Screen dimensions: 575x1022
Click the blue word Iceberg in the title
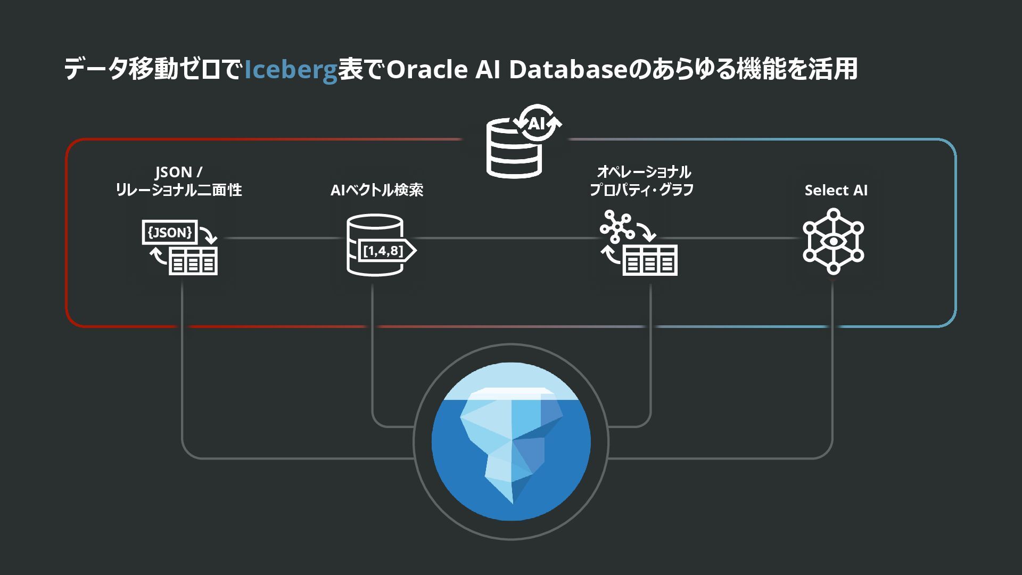(x=290, y=70)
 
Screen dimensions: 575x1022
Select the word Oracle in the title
(x=427, y=70)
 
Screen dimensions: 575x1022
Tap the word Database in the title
(x=568, y=70)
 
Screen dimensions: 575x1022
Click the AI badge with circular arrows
(x=537, y=124)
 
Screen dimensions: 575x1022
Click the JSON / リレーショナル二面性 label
(x=178, y=181)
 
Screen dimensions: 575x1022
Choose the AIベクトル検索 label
(x=377, y=190)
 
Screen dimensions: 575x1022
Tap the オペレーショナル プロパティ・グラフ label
(x=642, y=181)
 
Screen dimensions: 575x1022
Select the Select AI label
(x=836, y=190)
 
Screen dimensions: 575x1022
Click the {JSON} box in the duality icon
(x=170, y=232)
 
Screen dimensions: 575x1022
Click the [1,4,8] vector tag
(x=384, y=251)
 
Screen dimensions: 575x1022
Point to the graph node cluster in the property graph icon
(x=616, y=226)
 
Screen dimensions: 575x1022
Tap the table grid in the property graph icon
(x=650, y=261)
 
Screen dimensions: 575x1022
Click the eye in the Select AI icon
(x=833, y=241)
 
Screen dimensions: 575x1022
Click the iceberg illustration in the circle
(x=511, y=442)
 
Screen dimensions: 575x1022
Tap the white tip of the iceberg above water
(x=511, y=393)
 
